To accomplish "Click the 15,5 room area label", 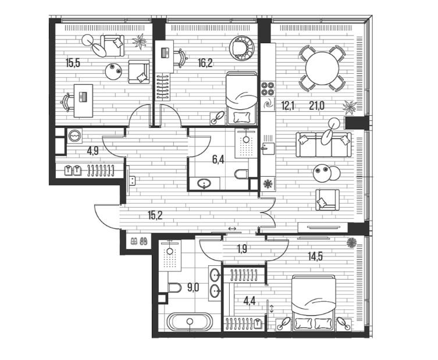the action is pyautogui.click(x=73, y=63).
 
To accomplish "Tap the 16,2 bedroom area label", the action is pyautogui.click(x=205, y=63).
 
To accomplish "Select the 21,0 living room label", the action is pyautogui.click(x=317, y=106).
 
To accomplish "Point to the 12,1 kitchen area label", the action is pyautogui.click(x=288, y=106).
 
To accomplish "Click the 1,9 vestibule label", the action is pyautogui.click(x=242, y=248).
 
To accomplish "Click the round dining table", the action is pyautogui.click(x=322, y=69).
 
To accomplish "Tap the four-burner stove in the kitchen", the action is pyautogui.click(x=268, y=88).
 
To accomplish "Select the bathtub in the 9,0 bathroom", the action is pyautogui.click(x=190, y=322).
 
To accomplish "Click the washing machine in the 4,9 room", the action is pyautogui.click(x=75, y=136).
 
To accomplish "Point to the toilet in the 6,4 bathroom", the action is pyautogui.click(x=241, y=174).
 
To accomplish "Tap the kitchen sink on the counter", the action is pyautogui.click(x=268, y=148).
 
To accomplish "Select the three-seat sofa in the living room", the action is pyautogui.click(x=323, y=145).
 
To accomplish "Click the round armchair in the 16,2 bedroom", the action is pyautogui.click(x=242, y=48).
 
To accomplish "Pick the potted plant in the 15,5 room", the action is pyautogui.click(x=140, y=42).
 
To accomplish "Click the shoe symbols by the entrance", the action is pyautogui.click(x=139, y=241).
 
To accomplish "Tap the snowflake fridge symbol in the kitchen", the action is pyautogui.click(x=268, y=184).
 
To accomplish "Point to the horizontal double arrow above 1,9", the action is pyautogui.click(x=232, y=229).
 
